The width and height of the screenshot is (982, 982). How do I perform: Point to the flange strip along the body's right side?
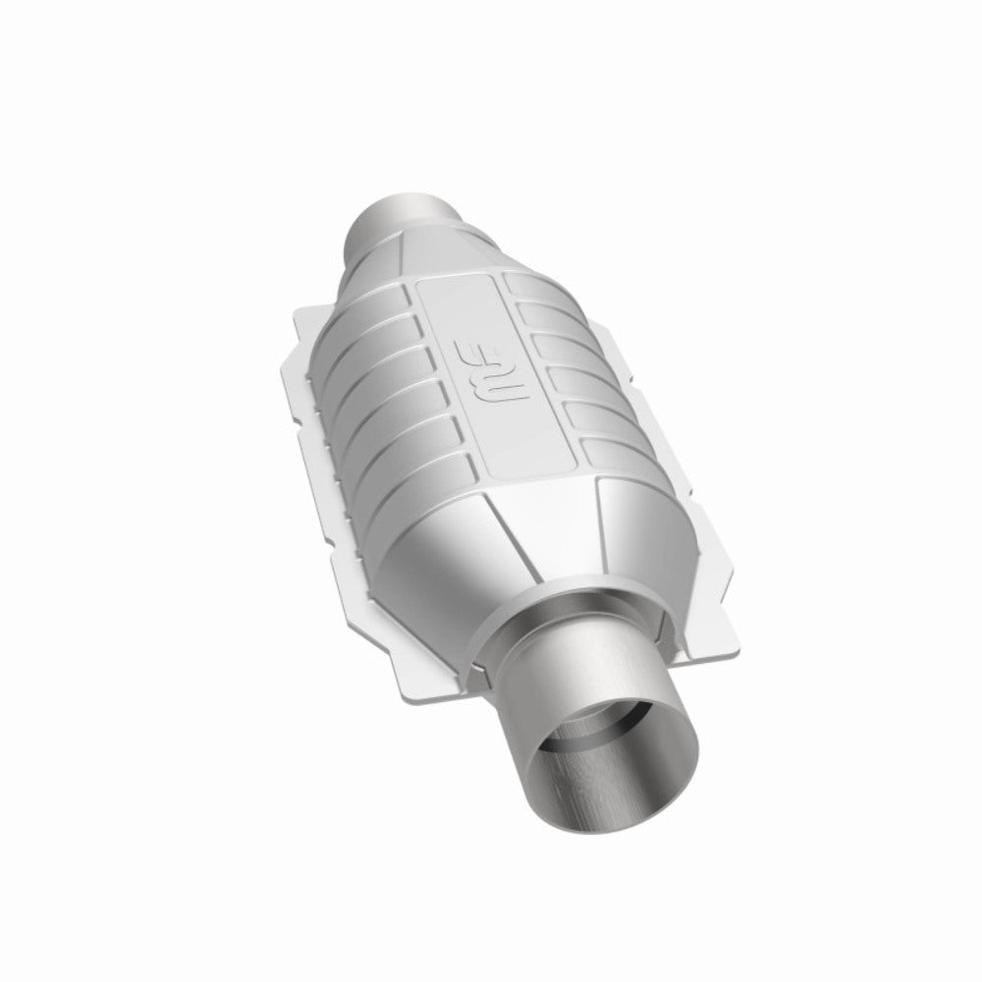(x=687, y=491)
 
